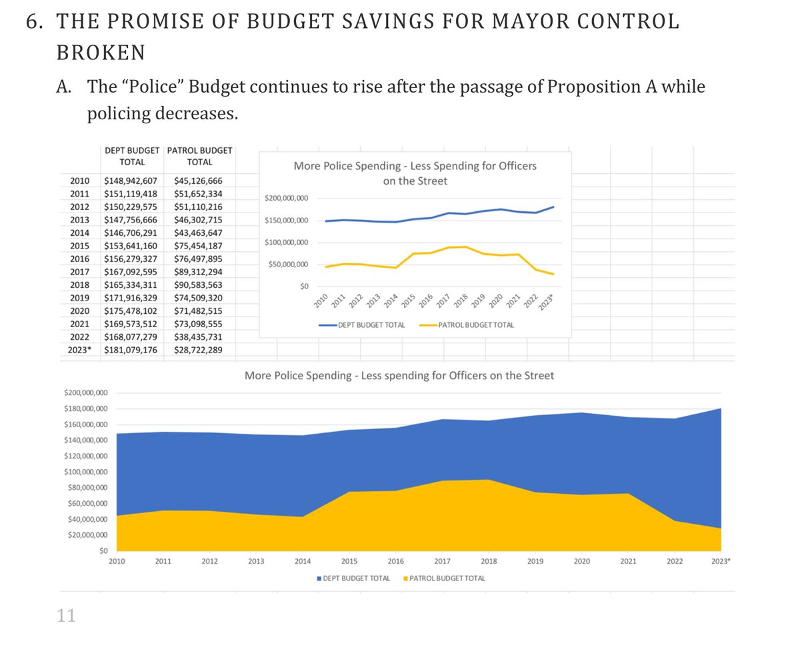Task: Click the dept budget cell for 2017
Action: [x=131, y=272]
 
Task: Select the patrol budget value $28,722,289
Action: [x=199, y=349]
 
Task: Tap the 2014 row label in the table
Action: [x=80, y=233]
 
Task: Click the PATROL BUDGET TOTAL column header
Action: [x=199, y=156]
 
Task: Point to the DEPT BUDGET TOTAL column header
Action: [x=132, y=156]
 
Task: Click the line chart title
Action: [x=415, y=173]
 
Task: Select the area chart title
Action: [x=399, y=376]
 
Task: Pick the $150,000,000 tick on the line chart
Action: [x=286, y=221]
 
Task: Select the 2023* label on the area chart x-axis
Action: [x=720, y=562]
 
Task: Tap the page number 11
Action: [x=66, y=616]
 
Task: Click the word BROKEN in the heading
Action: [x=101, y=52]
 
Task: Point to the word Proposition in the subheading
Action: [x=601, y=87]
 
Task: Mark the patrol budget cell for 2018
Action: [x=199, y=285]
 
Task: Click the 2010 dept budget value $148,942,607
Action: [x=131, y=181]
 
